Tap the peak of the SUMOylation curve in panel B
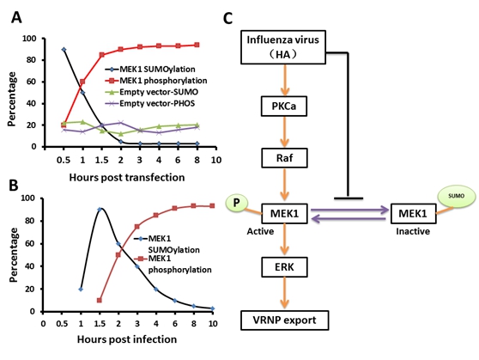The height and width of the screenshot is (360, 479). point(100,209)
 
